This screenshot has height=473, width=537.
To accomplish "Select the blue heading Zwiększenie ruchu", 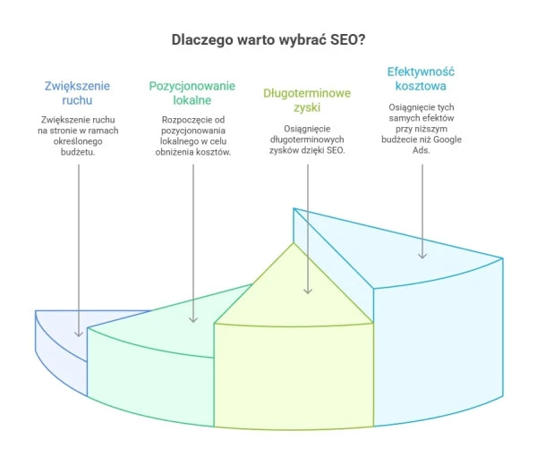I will (x=78, y=93).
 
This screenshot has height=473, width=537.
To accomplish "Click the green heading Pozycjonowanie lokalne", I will (x=192, y=93).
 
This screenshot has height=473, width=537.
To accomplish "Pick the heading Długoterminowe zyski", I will (x=307, y=100).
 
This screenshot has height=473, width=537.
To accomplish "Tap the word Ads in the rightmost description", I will (x=422, y=152).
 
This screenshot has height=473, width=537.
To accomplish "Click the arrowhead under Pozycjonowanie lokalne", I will (x=193, y=320).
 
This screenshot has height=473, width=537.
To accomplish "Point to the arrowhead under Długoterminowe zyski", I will (x=308, y=290).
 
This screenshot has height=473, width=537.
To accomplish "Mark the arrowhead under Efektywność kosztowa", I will (x=422, y=256).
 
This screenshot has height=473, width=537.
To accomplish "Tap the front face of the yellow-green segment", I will (x=293, y=376).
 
